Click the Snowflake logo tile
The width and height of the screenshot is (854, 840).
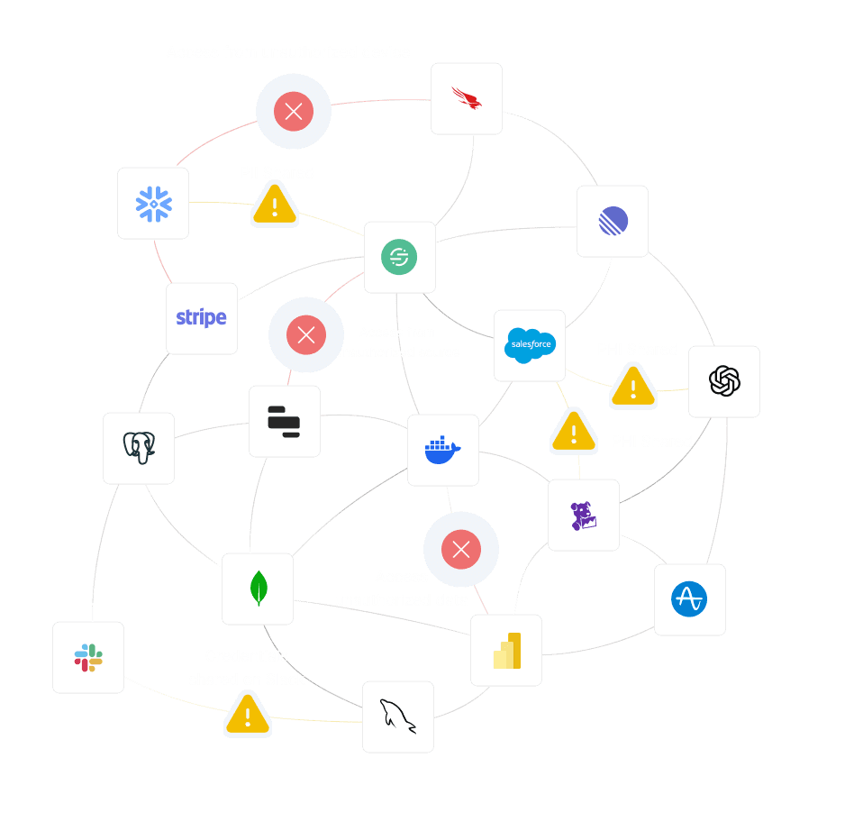coord(153,204)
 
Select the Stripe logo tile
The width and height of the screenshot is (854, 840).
coord(202,318)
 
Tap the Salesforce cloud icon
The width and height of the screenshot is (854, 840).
coord(530,345)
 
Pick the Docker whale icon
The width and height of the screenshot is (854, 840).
coord(442,450)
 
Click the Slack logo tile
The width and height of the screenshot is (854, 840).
coord(88,657)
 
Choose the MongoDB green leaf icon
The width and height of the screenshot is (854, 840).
coord(258,589)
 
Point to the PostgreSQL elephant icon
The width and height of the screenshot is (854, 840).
coord(139,448)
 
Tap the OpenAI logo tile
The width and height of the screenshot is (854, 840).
coord(724,381)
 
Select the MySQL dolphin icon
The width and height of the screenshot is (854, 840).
coord(398,717)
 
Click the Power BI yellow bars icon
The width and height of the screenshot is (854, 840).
coord(506,650)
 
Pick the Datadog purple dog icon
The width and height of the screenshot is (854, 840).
coord(584,515)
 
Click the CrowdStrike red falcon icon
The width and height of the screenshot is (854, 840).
coord(467,98)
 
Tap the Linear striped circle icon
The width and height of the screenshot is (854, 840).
coord(613,221)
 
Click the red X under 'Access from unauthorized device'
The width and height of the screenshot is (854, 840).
coord(293,112)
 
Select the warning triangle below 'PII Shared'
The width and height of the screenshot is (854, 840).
coord(275,205)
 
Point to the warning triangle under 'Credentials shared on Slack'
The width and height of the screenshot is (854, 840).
coord(248,715)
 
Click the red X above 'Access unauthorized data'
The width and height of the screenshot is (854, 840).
coord(461,550)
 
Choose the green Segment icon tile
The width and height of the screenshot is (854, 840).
coord(400,257)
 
